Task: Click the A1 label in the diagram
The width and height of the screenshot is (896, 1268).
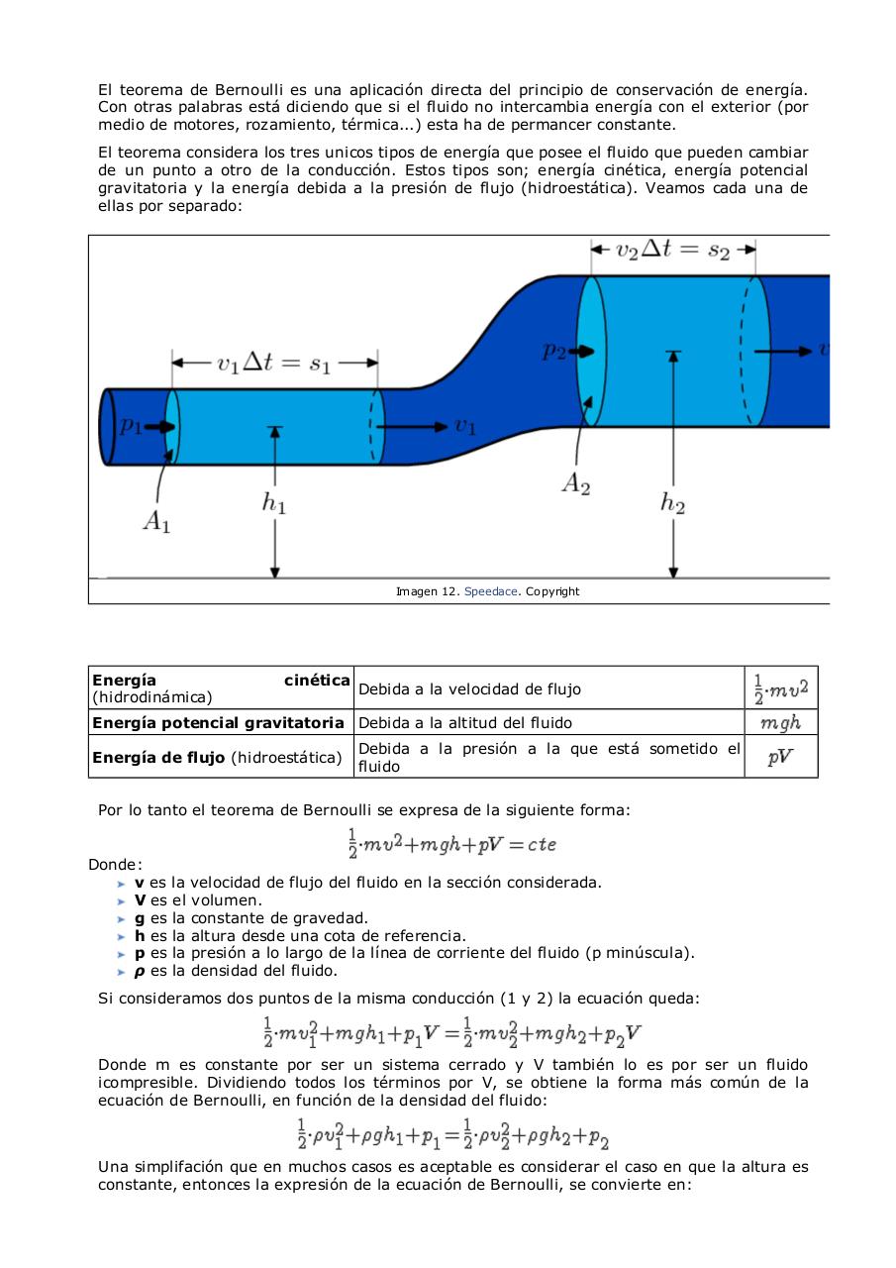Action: click(x=156, y=522)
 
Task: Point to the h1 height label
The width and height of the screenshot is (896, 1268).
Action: click(x=274, y=502)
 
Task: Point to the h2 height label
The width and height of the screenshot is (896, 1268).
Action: click(x=673, y=502)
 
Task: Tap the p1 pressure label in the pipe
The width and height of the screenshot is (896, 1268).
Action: click(x=131, y=425)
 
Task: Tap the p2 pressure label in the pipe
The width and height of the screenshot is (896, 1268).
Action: click(x=554, y=350)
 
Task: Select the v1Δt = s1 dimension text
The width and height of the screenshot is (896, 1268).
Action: click(x=274, y=363)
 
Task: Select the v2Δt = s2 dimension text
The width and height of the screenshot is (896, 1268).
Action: click(x=673, y=250)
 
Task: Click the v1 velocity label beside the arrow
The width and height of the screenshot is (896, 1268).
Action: click(x=465, y=427)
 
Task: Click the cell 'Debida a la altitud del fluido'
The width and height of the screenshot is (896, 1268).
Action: click(x=465, y=722)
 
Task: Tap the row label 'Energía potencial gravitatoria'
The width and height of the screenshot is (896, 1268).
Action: click(x=218, y=722)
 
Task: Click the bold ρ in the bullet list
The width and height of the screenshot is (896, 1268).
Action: click(x=141, y=970)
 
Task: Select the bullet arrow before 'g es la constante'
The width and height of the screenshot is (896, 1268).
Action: click(x=122, y=918)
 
